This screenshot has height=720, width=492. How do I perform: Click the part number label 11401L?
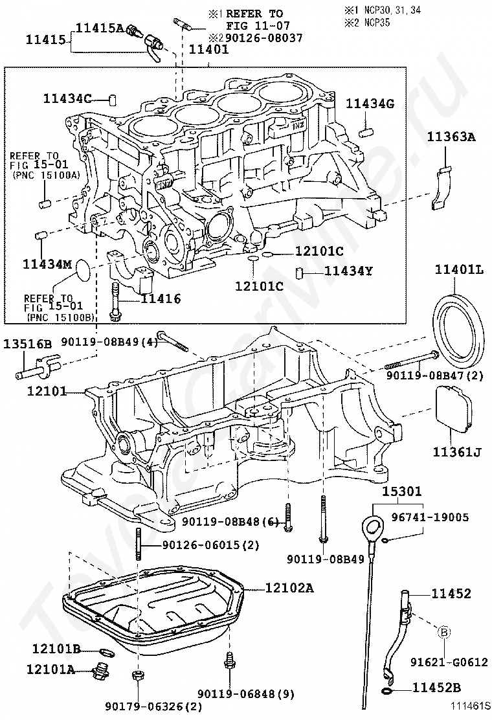pyautogui.click(x=459, y=269)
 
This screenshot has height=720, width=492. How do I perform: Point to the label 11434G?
pyautogui.click(x=370, y=104)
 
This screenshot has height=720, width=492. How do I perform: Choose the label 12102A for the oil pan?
pyautogui.click(x=289, y=588)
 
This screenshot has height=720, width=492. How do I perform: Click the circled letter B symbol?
pyautogui.click(x=445, y=631)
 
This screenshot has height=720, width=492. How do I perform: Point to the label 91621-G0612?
pyautogui.click(x=446, y=662)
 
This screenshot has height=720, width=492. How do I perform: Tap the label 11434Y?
pyautogui.click(x=348, y=271)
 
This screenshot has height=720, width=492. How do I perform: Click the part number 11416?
pyautogui.click(x=161, y=299)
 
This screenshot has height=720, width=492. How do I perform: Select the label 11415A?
pyautogui.click(x=100, y=27)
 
